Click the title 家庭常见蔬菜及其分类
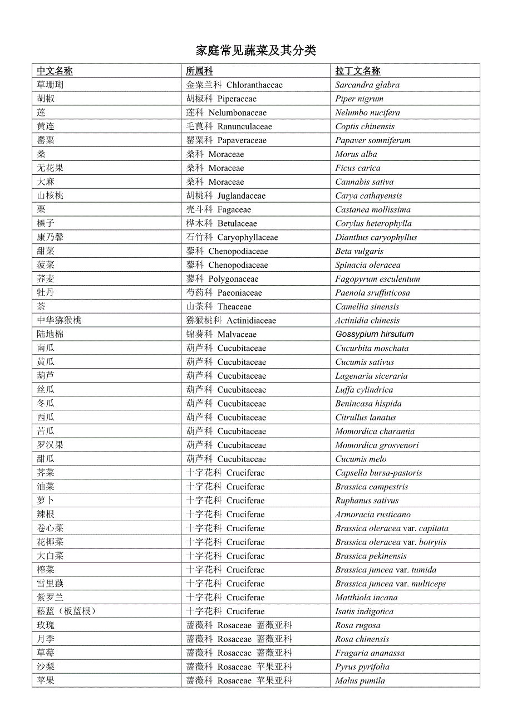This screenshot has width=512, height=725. point(256,51)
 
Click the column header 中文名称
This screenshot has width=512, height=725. point(55,71)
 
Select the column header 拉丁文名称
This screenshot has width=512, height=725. point(358,71)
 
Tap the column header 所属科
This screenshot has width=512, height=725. point(199,71)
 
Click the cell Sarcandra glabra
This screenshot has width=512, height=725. point(367,85)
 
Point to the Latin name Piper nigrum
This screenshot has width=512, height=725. point(359,99)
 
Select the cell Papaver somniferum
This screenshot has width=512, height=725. point(372,140)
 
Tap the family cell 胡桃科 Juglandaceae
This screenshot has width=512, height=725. point(225,196)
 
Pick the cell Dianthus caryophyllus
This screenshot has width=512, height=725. point(376,237)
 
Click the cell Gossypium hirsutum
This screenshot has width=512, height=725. point(375,334)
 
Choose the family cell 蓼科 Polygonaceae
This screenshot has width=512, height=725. point(222,279)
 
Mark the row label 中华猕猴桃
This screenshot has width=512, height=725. point(59,320)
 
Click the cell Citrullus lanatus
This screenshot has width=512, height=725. point(366,418)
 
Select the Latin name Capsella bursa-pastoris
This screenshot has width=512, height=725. point(378,473)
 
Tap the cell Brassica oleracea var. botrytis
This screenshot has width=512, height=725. point(391,542)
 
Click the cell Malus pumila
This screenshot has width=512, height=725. point(360,680)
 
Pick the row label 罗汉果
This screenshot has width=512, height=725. point(50,445)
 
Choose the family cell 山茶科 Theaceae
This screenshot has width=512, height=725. point(219,307)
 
